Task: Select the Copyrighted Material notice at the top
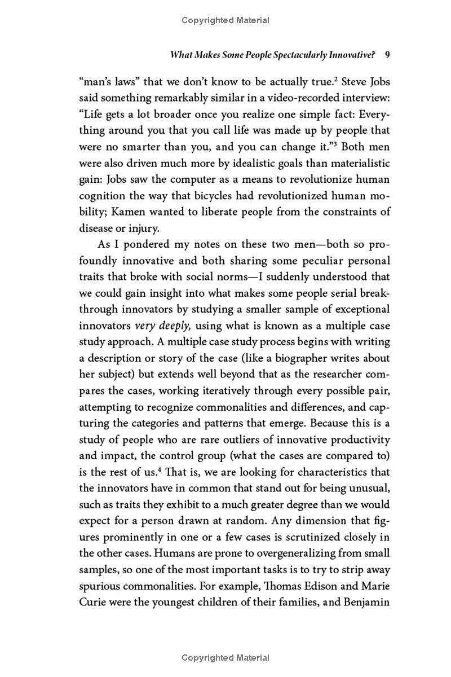click(x=225, y=20)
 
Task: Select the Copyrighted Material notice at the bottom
click(x=225, y=658)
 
